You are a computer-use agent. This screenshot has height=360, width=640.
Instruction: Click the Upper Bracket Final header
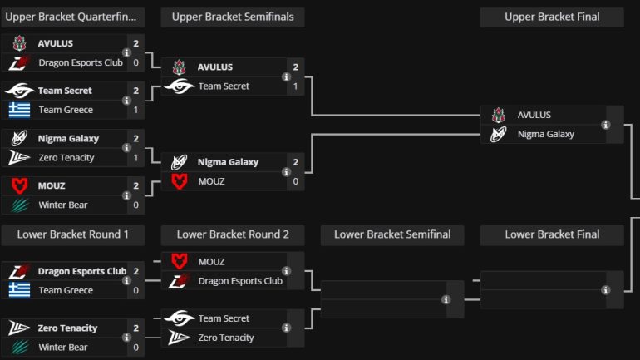(552, 17)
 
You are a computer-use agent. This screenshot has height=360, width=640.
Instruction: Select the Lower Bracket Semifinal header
(392, 234)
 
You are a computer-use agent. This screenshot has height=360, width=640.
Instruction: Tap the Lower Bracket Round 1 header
(73, 234)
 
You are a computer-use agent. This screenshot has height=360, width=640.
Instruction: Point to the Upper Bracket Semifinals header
(233, 17)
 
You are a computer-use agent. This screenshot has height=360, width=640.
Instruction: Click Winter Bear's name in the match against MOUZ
(63, 205)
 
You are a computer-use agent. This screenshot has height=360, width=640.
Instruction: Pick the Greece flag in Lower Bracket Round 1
(19, 290)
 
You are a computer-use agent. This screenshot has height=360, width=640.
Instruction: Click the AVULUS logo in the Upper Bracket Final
(498, 115)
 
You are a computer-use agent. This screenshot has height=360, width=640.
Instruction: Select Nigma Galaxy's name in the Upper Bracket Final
(545, 134)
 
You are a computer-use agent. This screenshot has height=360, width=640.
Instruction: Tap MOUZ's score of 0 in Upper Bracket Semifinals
(295, 181)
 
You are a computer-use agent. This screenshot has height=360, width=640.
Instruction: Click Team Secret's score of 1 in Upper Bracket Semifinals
(295, 86)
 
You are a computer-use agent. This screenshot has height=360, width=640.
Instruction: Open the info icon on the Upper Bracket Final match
(606, 125)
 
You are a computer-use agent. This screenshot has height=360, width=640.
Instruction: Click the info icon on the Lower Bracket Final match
(606, 290)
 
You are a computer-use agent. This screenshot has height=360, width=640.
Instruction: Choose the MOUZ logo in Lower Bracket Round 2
(179, 262)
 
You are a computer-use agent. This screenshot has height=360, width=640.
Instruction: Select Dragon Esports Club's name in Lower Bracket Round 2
(240, 281)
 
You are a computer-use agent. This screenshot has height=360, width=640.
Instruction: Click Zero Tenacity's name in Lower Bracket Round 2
(226, 338)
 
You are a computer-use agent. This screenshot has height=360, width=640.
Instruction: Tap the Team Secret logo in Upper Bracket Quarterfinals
(19, 91)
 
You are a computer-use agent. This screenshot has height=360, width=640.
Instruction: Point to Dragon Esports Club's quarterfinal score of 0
(135, 62)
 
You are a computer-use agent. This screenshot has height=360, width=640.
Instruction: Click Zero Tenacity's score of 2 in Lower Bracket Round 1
(135, 328)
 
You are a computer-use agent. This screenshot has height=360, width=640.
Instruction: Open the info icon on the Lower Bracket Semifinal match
(446, 299)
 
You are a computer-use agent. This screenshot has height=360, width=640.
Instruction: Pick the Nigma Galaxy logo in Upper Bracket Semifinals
(179, 162)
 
